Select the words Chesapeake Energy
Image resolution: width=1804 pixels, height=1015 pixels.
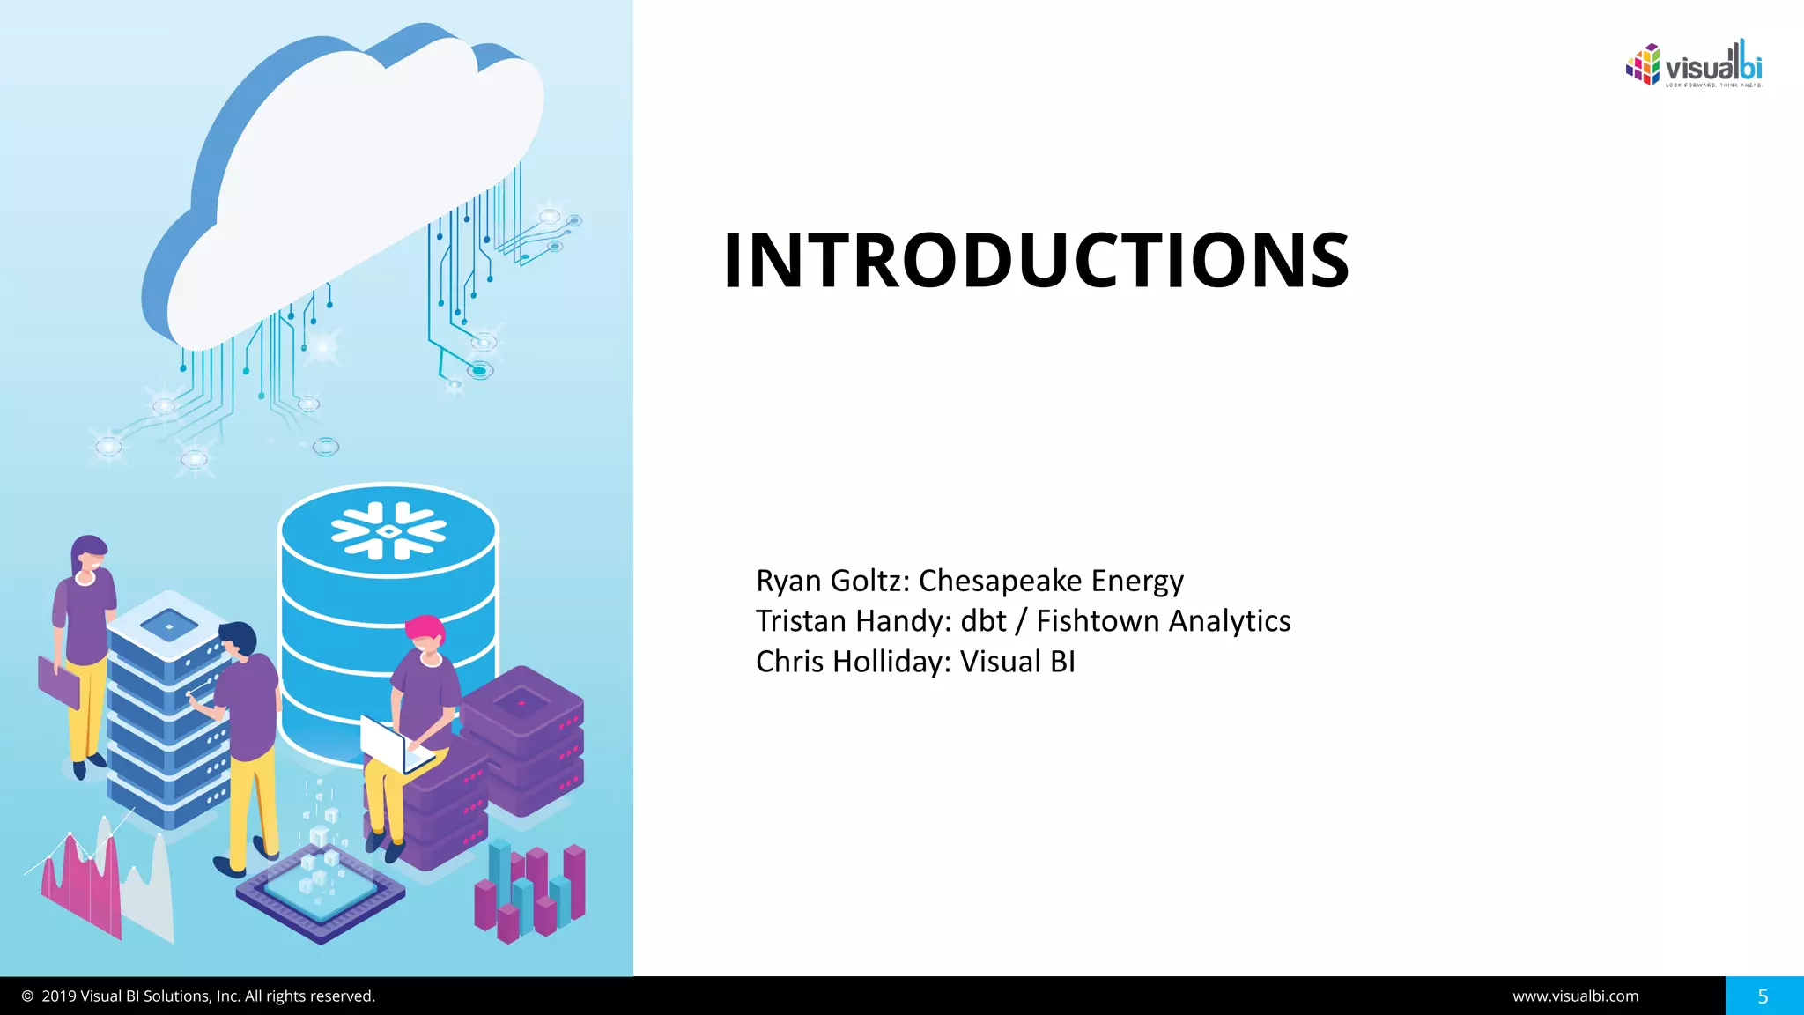1051,582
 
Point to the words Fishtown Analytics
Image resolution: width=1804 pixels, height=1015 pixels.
1163,621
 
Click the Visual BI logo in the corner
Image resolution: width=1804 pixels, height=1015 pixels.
1693,64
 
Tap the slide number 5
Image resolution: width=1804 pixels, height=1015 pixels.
1763,996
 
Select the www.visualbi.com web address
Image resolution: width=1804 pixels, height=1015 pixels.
1575,996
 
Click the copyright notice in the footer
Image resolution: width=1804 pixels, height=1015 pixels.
199,996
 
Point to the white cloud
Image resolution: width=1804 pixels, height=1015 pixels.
352,176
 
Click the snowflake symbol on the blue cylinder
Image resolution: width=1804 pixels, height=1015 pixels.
388,531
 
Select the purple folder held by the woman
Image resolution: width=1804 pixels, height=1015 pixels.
58,680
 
